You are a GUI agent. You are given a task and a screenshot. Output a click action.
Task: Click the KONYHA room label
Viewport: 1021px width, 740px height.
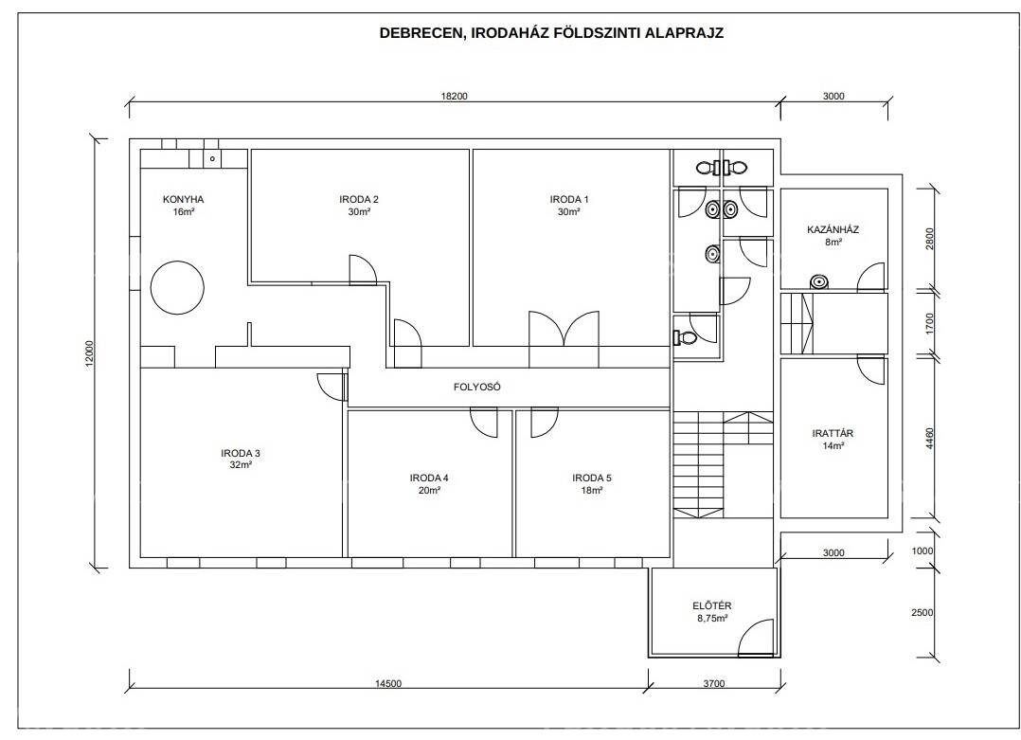pyautogui.click(x=183, y=199)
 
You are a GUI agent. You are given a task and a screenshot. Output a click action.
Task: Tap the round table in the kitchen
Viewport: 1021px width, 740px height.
pyautogui.click(x=177, y=287)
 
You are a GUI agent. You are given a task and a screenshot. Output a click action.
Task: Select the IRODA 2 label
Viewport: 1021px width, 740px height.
pyautogui.click(x=359, y=199)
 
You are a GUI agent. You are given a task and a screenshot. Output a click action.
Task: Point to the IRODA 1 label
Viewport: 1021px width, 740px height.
pyautogui.click(x=569, y=199)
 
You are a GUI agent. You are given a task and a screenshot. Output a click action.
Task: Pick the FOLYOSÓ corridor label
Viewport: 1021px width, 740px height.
pyautogui.click(x=477, y=387)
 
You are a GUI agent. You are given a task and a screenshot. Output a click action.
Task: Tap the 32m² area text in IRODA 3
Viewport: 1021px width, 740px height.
pyautogui.click(x=241, y=465)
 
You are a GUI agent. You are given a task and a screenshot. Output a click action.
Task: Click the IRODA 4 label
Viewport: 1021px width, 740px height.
pyautogui.click(x=429, y=478)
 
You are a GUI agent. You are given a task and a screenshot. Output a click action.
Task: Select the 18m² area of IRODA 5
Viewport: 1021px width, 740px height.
pyautogui.click(x=592, y=491)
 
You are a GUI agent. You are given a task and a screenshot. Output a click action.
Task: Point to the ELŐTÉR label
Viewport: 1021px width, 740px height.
pyautogui.click(x=712, y=605)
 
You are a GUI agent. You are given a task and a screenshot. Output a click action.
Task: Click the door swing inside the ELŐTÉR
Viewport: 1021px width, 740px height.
pyautogui.click(x=756, y=637)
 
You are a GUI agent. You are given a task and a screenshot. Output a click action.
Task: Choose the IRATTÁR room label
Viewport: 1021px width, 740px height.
pyautogui.click(x=833, y=433)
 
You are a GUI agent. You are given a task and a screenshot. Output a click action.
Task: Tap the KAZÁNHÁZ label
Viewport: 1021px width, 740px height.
pyautogui.click(x=833, y=229)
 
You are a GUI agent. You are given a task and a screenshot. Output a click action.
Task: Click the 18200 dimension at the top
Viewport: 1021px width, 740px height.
pyautogui.click(x=455, y=97)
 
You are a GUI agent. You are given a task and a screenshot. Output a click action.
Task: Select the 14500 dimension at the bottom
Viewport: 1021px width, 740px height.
pyautogui.click(x=388, y=683)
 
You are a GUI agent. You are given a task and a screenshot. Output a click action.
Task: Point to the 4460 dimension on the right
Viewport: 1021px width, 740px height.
pyautogui.click(x=929, y=439)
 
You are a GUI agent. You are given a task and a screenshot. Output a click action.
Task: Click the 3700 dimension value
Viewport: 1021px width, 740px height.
pyautogui.click(x=714, y=683)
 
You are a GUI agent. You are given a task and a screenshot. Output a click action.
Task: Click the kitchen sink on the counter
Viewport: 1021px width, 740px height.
pyautogui.click(x=212, y=158)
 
